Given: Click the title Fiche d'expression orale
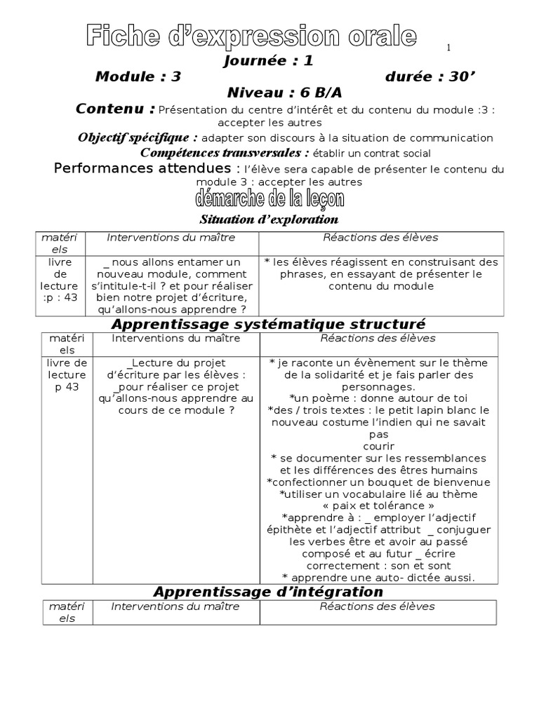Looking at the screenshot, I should pos(252,37).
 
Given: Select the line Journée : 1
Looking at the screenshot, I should pos(268,61).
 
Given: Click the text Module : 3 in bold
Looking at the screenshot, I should pos(138,77).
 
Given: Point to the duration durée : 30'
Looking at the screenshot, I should pos(426,77).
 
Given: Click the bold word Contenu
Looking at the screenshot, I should pos(115,109).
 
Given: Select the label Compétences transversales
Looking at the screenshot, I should pos(225,153).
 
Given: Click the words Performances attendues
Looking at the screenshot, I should pos(142,168).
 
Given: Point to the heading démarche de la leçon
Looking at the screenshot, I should pos(270,199).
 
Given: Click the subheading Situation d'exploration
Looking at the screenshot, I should pos(259,219).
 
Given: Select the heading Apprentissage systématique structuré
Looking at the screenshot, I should pos(269,324).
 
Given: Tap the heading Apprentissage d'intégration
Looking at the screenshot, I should pos(268,592).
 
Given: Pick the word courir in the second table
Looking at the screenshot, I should pos(379,447).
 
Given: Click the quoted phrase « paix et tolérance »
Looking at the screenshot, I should pos(378,506).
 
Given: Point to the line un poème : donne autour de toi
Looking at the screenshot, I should pos(378,398).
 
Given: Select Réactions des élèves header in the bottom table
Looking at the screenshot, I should pos(378,607).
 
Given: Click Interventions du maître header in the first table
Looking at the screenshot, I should pos(171,238).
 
